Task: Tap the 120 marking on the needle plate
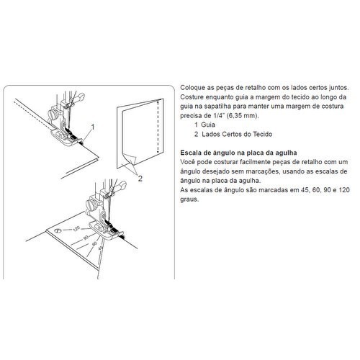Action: coord(76,229)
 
